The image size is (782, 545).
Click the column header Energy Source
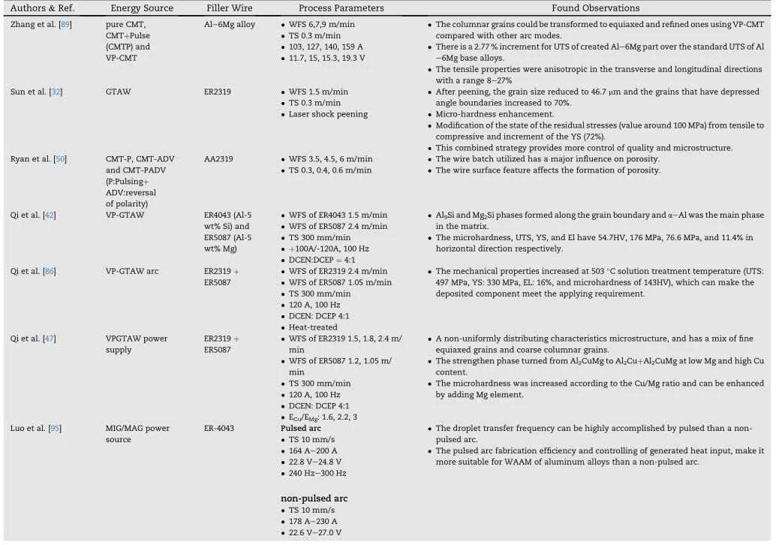(x=141, y=8)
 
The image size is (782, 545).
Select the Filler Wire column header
(x=229, y=8)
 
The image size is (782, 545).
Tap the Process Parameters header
(x=341, y=8)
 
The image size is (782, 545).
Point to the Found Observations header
(x=596, y=8)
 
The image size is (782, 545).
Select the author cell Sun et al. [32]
(x=38, y=92)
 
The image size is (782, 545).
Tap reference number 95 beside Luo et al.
(x=61, y=429)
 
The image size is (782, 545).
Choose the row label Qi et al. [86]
(x=35, y=271)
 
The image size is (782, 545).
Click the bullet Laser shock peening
(x=328, y=114)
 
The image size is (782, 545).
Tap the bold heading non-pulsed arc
(x=314, y=498)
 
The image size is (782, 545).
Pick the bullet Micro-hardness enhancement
(x=495, y=114)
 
